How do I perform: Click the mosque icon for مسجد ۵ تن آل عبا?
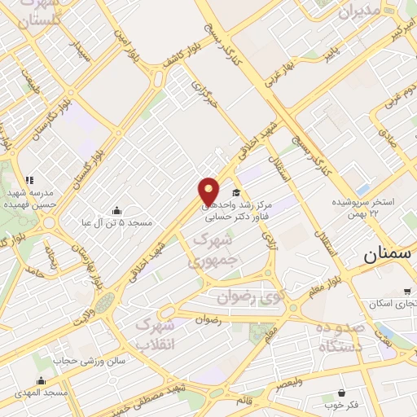click(116, 210)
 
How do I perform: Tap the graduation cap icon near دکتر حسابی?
click(236, 192)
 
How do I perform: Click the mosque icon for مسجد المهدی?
click(42, 380)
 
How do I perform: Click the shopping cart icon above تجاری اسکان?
click(407, 291)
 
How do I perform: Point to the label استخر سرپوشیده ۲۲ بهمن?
click(363, 208)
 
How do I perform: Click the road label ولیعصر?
click(287, 381)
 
